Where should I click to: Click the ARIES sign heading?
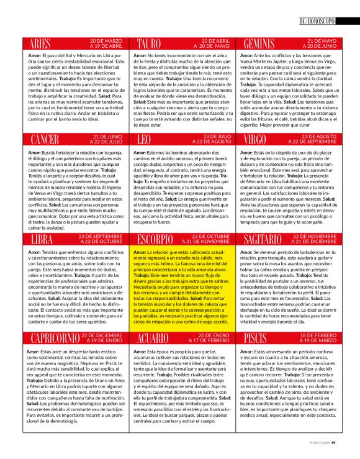[40, 44]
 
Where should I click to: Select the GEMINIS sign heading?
[259, 44]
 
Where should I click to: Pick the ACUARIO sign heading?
[153, 339]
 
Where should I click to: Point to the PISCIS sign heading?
[256, 339]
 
